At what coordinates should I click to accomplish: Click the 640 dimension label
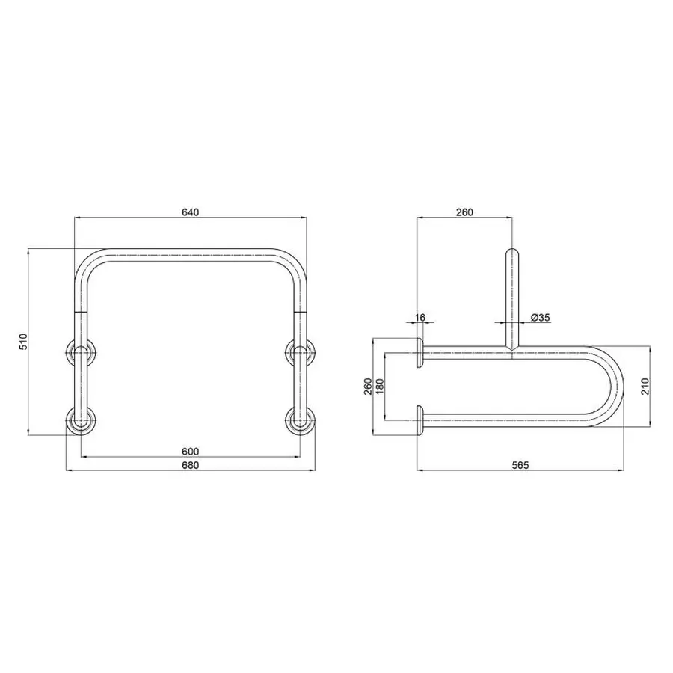pyautogui.click(x=190, y=212)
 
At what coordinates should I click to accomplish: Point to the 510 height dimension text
pyautogui.click(x=23, y=342)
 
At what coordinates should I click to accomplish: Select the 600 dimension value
pyautogui.click(x=190, y=451)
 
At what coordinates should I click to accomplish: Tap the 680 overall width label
pyautogui.click(x=190, y=465)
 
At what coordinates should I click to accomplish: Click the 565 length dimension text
pyautogui.click(x=520, y=465)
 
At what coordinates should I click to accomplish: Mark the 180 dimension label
pyautogui.click(x=379, y=387)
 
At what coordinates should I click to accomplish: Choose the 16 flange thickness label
pyautogui.click(x=420, y=318)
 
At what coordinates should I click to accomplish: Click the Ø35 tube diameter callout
pyautogui.click(x=540, y=318)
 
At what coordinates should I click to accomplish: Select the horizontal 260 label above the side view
pyautogui.click(x=464, y=212)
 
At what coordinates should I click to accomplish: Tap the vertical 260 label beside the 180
pyautogui.click(x=367, y=387)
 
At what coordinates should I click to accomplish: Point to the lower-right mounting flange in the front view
pyautogui.click(x=301, y=420)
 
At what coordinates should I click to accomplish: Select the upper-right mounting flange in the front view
pyautogui.click(x=301, y=351)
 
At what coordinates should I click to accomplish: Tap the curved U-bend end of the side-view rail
pyautogui.click(x=618, y=386)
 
